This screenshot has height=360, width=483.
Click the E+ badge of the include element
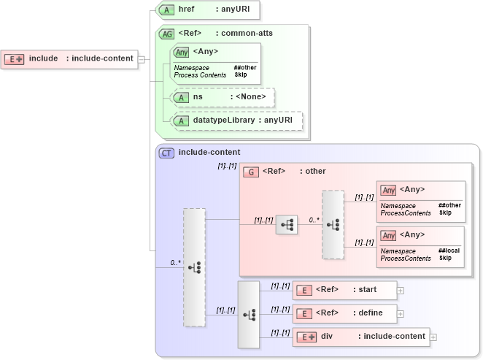[x=15, y=58]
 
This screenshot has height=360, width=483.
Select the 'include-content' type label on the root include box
[x=102, y=58]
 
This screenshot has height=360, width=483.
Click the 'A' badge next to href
[x=166, y=10]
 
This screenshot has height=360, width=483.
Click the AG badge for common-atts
[x=166, y=34]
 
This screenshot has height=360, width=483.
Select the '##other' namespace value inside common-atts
[x=244, y=68]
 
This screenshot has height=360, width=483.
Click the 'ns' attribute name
[x=198, y=96]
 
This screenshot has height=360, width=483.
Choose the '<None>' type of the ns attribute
[x=249, y=96]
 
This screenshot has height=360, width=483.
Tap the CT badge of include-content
[x=167, y=153]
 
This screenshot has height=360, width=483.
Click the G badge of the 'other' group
[x=251, y=172]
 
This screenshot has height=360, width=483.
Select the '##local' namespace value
[x=449, y=250]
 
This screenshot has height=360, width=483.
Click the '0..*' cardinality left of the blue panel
[x=175, y=262]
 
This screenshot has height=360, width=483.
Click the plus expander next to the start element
[x=401, y=290]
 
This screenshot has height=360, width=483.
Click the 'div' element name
[x=327, y=337]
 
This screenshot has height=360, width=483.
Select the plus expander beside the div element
[x=433, y=337]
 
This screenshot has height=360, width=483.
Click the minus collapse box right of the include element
[x=142, y=59]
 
